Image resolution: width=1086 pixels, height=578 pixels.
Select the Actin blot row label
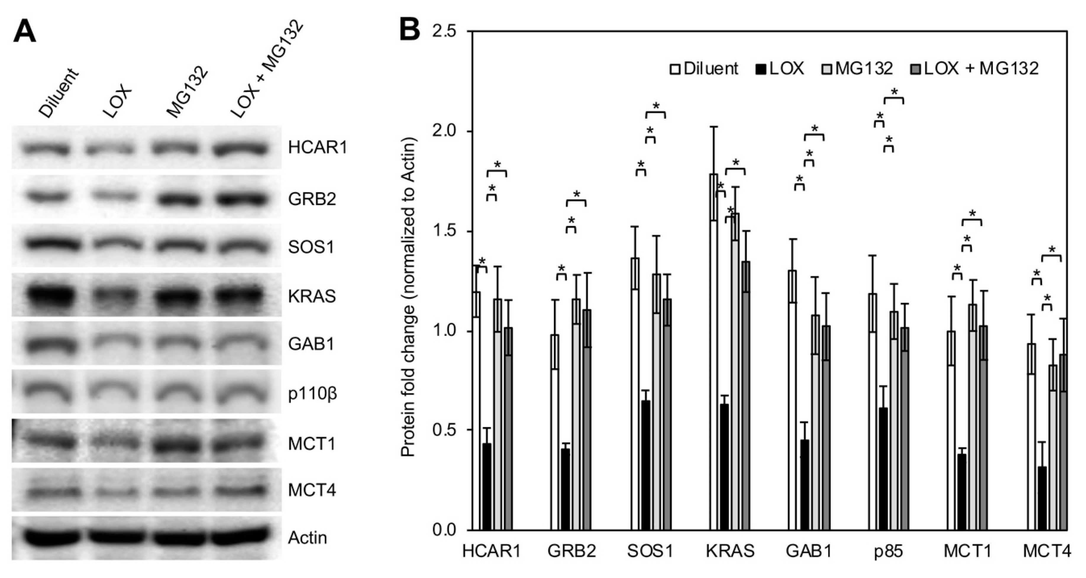[307, 537]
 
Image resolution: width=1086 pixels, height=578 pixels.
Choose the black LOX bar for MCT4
[1042, 498]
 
